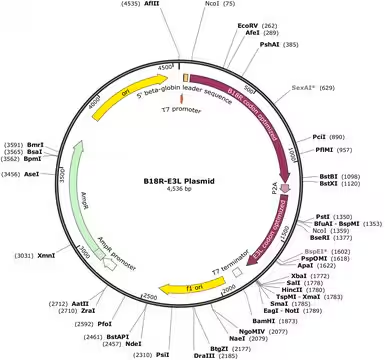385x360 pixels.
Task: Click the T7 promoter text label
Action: click(187, 108)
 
